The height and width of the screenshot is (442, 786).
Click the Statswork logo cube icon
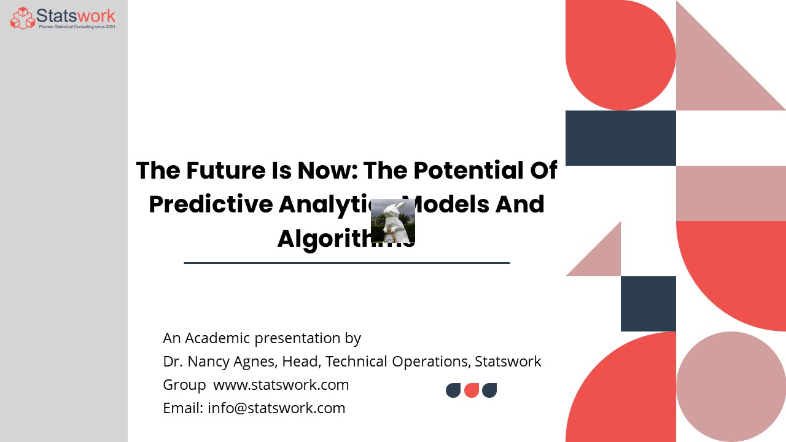click(x=23, y=18)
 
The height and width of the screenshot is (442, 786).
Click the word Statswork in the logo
click(x=76, y=15)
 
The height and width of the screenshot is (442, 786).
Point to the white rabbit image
click(x=393, y=222)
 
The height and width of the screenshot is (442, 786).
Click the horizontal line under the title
click(x=347, y=263)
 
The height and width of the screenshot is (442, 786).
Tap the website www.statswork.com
click(x=281, y=385)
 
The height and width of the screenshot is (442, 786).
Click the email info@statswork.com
click(x=276, y=408)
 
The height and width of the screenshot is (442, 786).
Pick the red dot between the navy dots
click(x=472, y=390)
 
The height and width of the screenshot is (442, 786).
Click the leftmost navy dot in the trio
click(x=453, y=390)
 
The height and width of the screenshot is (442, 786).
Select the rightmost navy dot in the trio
click(x=489, y=390)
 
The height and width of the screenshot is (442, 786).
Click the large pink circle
click(x=731, y=387)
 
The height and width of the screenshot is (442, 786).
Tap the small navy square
click(x=648, y=304)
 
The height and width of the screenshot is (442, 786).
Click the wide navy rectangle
click(x=620, y=138)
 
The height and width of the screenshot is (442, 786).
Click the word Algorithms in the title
click(x=332, y=238)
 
